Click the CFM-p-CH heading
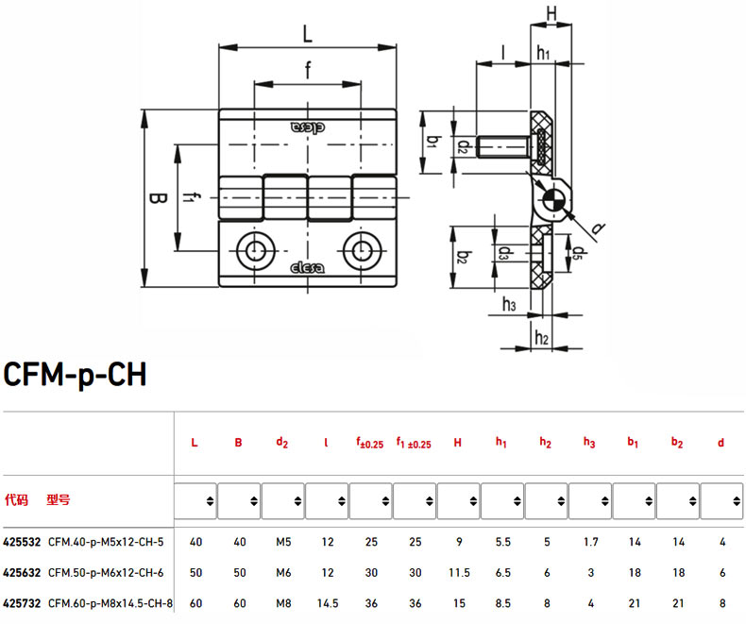[76, 374]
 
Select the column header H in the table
[458, 443]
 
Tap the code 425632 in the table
[22, 573]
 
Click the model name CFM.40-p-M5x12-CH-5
[106, 542]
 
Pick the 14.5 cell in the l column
[328, 603]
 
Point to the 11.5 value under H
[459, 573]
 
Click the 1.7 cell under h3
[591, 542]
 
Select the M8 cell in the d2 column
[283, 603]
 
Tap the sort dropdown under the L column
[195, 501]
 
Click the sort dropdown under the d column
[721, 501]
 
